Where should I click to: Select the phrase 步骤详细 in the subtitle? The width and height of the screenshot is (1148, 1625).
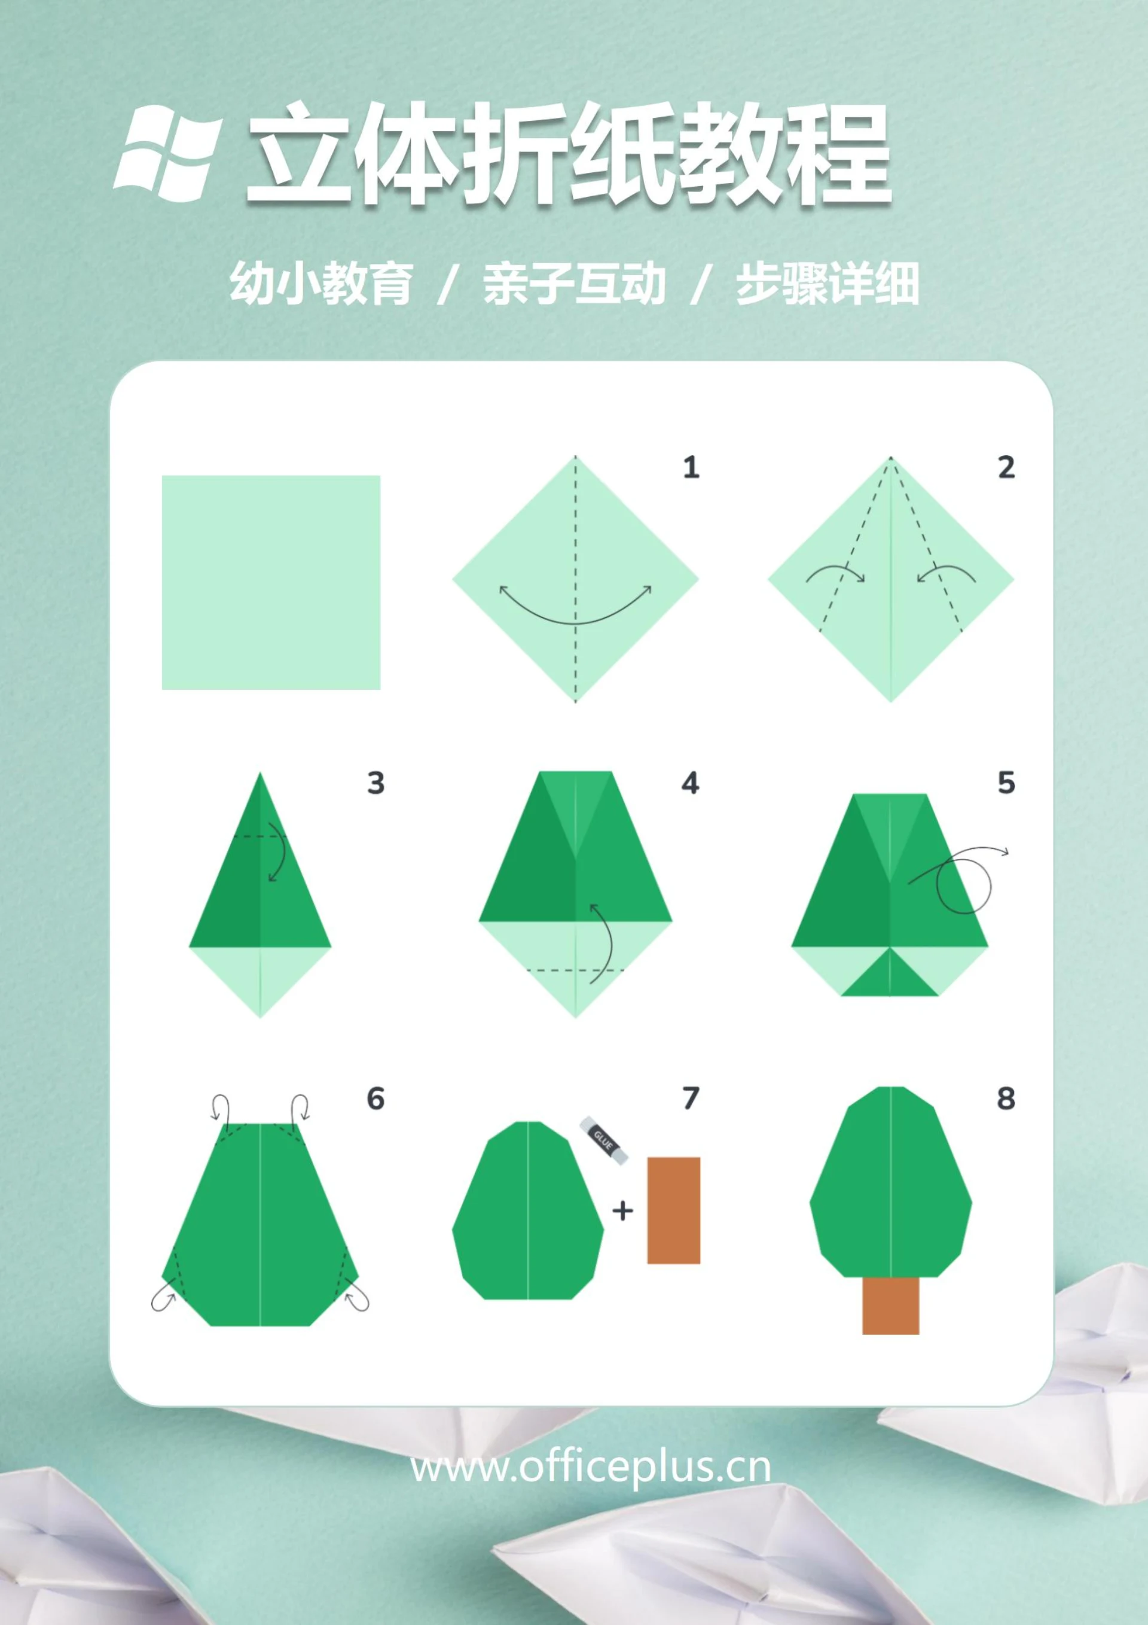pyautogui.click(x=827, y=285)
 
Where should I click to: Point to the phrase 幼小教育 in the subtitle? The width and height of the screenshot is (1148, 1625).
pyautogui.click(x=320, y=285)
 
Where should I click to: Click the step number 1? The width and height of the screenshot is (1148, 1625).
pyautogui.click(x=691, y=468)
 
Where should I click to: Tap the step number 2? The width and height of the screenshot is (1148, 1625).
pyautogui.click(x=1006, y=468)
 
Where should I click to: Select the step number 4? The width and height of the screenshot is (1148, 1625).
pyautogui.click(x=691, y=784)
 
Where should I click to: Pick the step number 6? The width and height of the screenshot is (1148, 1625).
pyautogui.click(x=375, y=1098)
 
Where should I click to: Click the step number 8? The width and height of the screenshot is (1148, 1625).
pyautogui.click(x=1005, y=1098)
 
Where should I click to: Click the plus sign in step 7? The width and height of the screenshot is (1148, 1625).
pyautogui.click(x=622, y=1211)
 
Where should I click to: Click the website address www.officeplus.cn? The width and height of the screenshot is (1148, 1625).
pyautogui.click(x=591, y=1466)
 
